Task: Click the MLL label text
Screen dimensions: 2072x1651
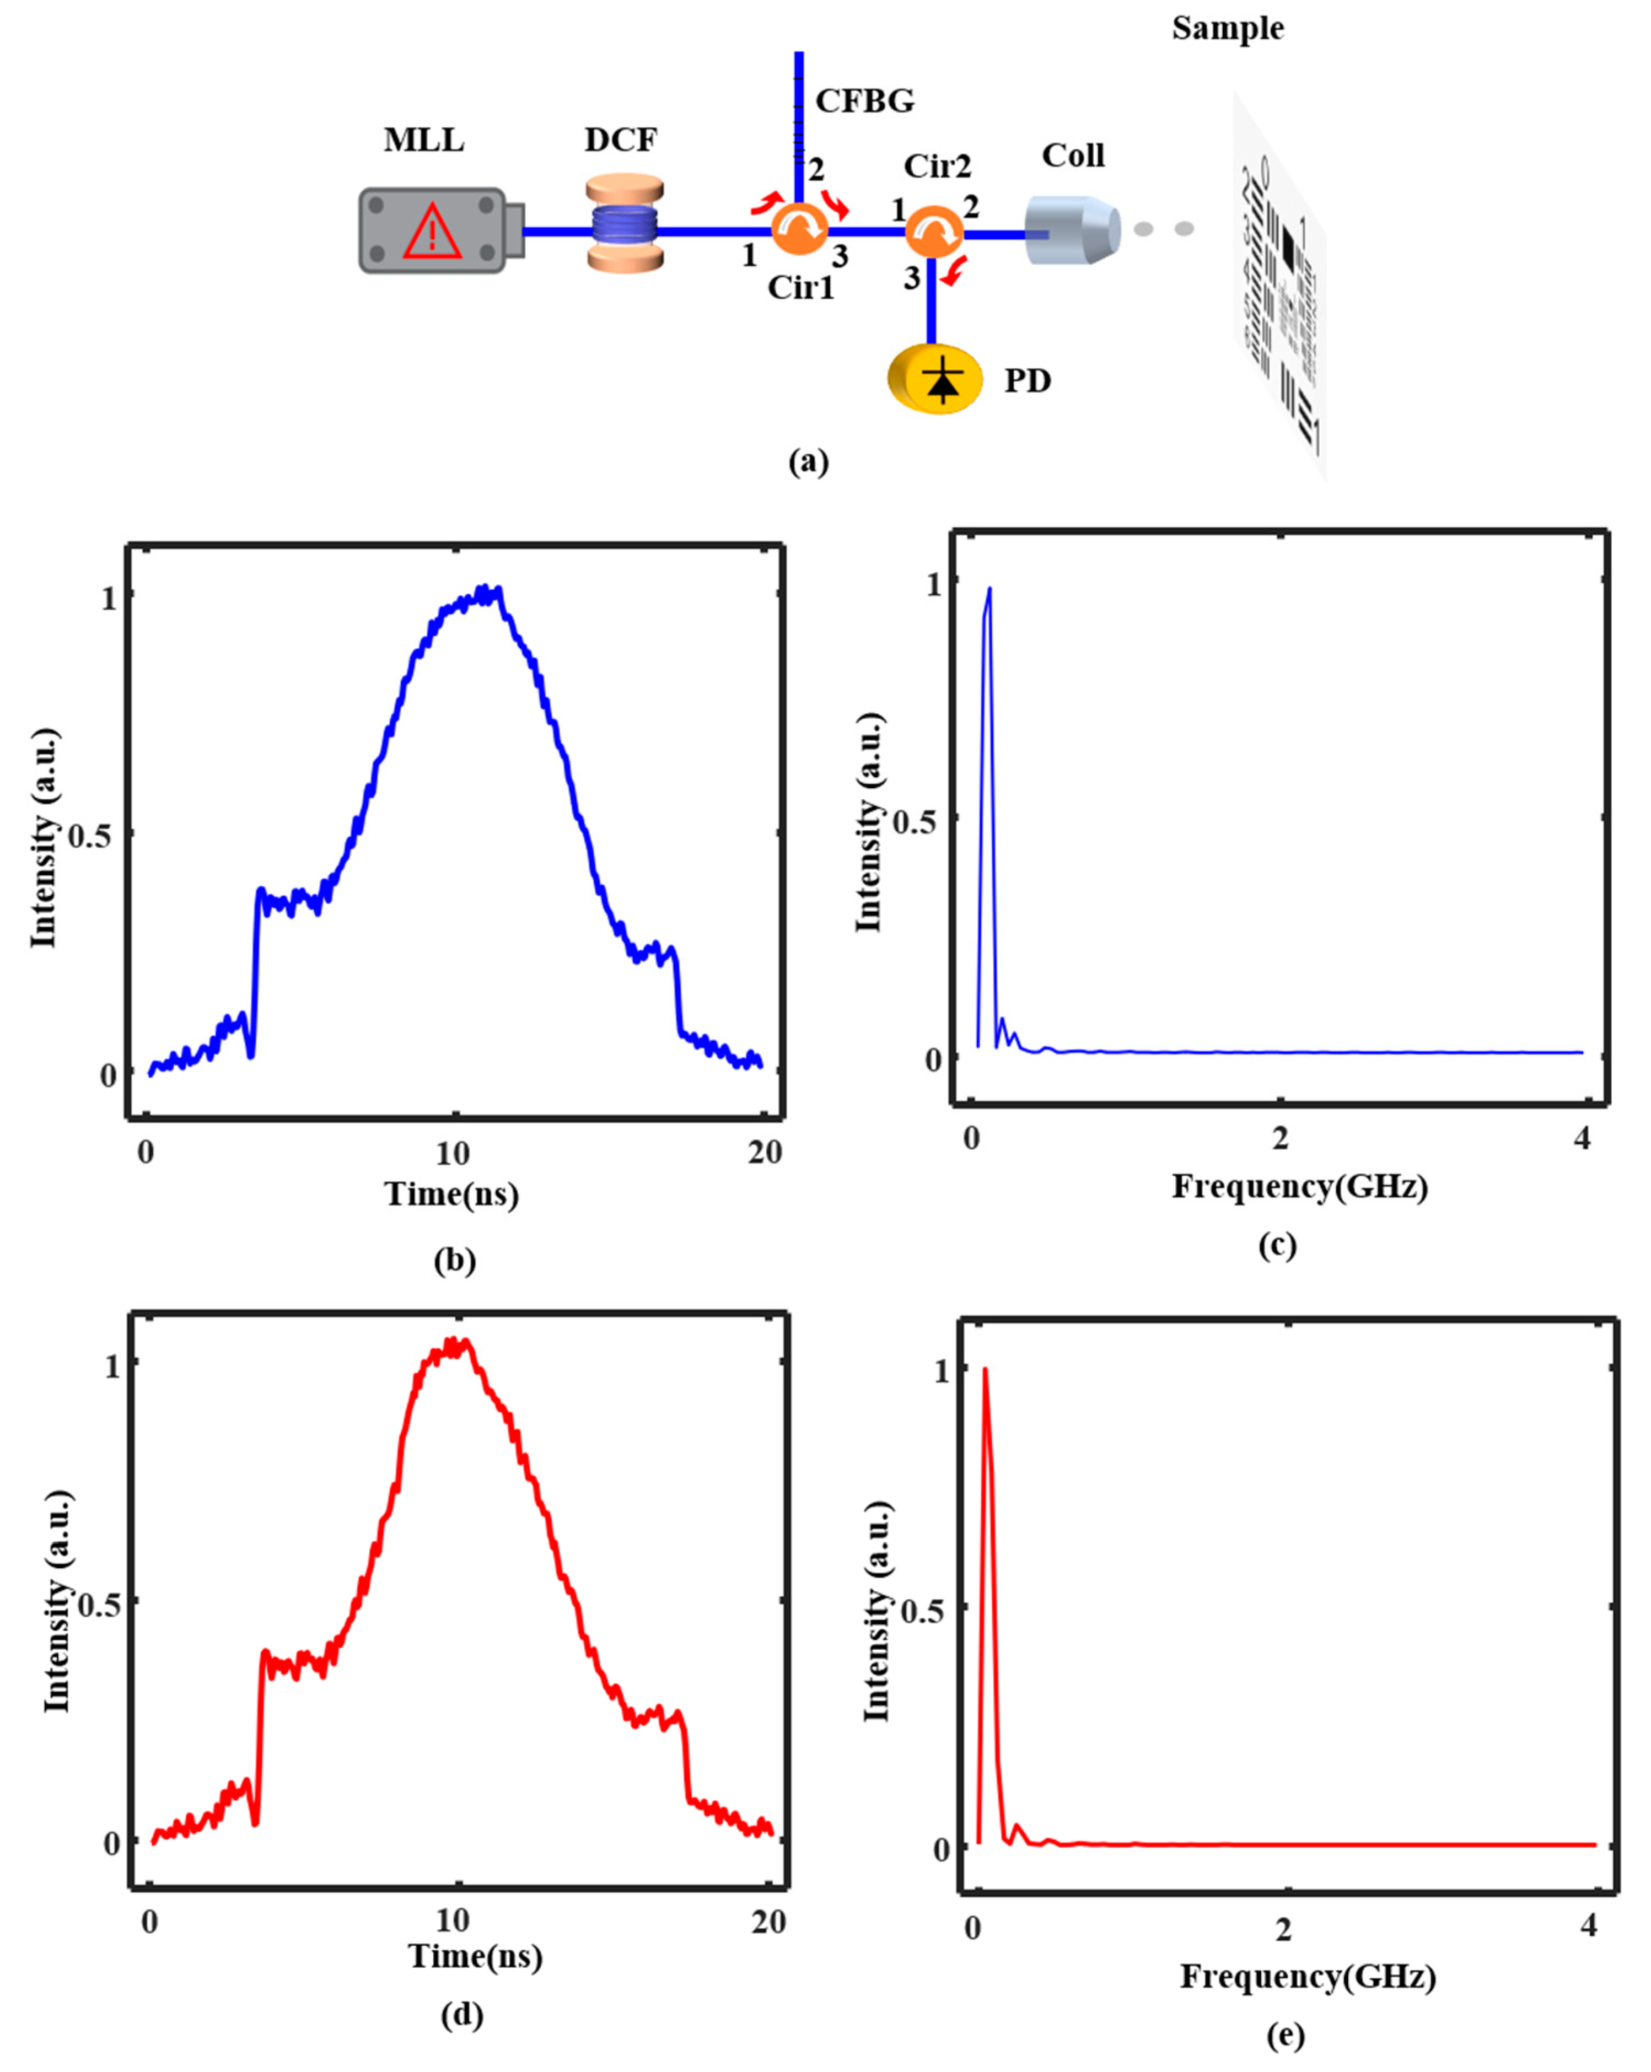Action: pos(424,141)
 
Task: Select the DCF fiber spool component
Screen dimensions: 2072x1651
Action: pos(625,223)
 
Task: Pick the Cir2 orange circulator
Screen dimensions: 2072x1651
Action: pos(933,230)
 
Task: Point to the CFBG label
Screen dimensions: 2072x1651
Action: pos(864,101)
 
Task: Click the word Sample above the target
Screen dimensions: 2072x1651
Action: pos(1227,29)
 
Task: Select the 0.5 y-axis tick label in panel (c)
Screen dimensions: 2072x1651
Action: pos(914,822)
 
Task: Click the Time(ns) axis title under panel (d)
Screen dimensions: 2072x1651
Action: pos(476,1956)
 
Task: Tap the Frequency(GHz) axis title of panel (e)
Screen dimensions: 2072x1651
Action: pos(1308,1976)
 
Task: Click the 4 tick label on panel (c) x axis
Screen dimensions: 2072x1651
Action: pos(1582,1139)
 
